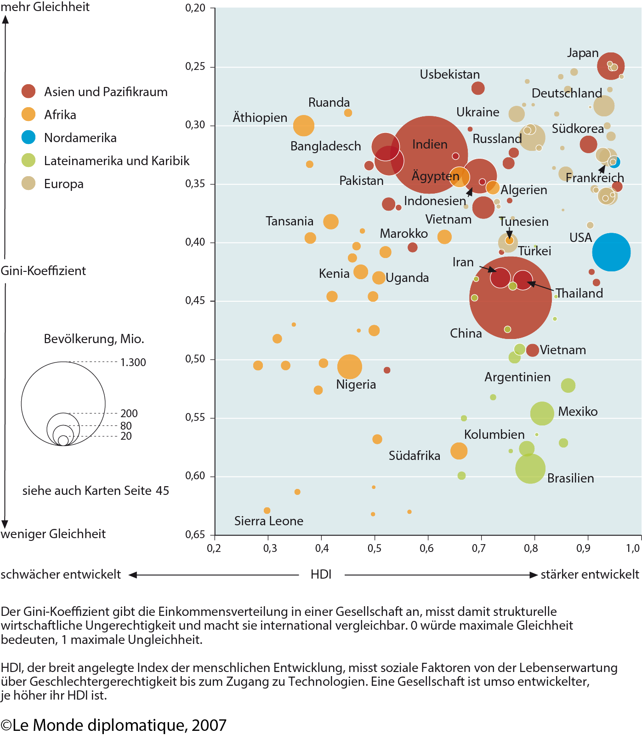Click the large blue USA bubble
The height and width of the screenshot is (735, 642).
[611, 252]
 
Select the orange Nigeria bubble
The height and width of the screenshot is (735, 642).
[350, 367]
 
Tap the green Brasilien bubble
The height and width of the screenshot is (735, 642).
[530, 469]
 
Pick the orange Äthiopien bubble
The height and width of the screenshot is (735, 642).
[304, 126]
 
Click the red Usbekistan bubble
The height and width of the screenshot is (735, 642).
[478, 88]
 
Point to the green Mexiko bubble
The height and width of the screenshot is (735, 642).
[542, 413]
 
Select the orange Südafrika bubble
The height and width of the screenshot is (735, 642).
[459, 451]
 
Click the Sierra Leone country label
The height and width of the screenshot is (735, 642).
[269, 521]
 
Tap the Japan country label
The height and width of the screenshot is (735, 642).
[583, 53]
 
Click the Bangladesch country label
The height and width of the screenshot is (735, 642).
[326, 146]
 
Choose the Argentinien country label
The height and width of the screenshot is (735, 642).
[517, 377]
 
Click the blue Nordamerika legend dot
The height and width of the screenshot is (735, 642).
[28, 137]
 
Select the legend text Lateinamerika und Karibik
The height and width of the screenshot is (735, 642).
[117, 161]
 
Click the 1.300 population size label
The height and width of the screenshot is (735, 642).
[133, 362]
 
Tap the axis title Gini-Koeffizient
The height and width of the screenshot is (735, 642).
[43, 270]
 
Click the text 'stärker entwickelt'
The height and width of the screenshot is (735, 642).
[590, 574]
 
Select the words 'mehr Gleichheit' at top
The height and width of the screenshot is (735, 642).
[45, 7]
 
